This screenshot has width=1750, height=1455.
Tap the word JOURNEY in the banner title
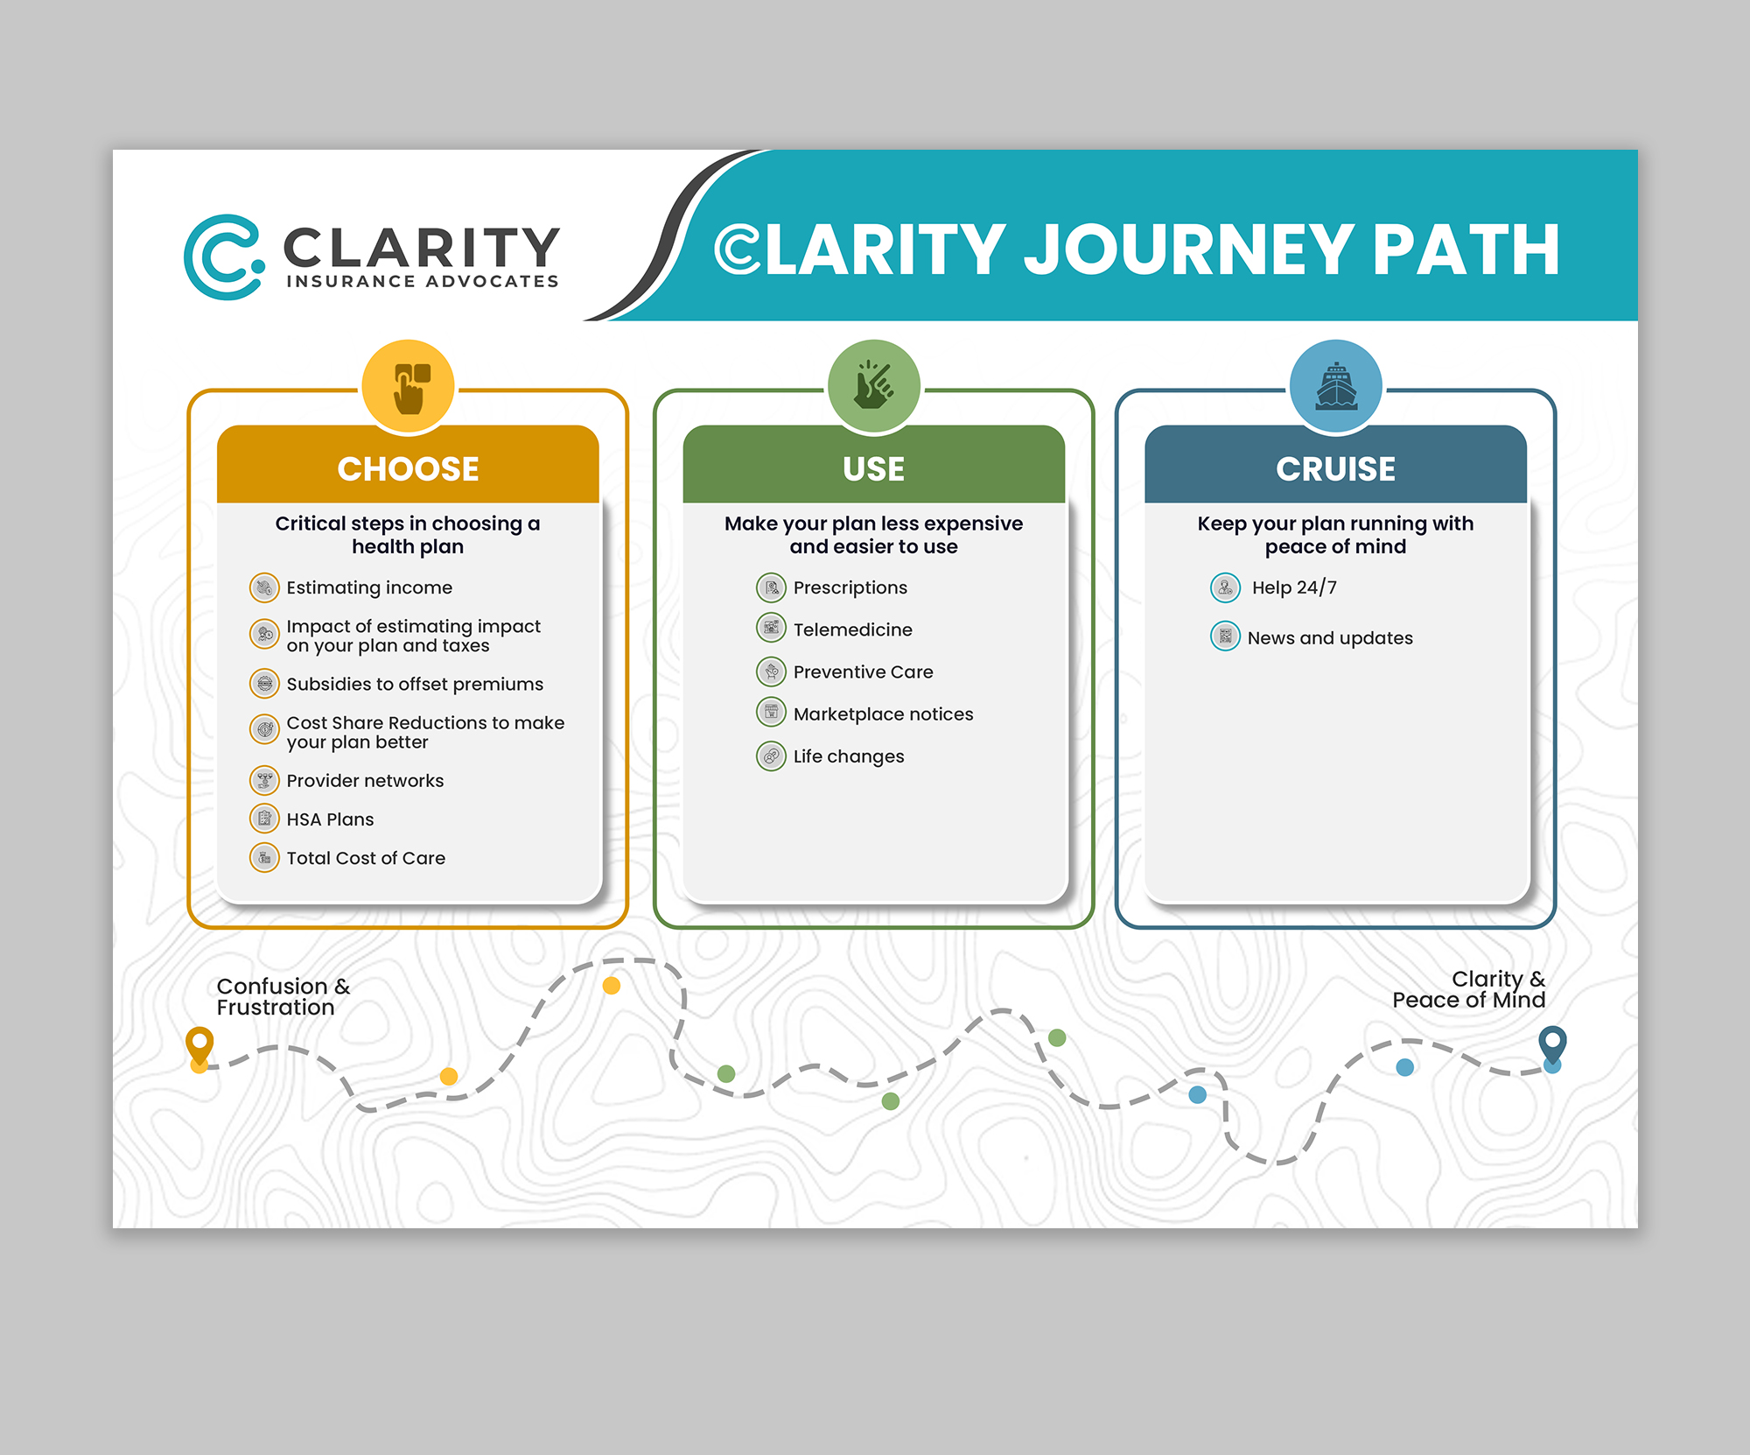point(1188,250)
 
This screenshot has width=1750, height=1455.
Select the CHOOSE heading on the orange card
point(408,469)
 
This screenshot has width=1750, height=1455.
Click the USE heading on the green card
point(873,469)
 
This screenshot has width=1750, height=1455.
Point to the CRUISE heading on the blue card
point(1335,469)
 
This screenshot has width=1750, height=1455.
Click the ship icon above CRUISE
point(1335,386)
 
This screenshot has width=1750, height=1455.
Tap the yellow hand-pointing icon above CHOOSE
point(409,386)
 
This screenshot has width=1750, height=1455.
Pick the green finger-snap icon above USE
point(873,386)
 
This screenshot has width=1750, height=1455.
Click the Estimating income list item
point(369,587)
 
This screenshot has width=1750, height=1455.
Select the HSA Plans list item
point(330,819)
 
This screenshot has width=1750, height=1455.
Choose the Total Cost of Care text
point(366,858)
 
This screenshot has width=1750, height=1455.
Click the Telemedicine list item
point(852,629)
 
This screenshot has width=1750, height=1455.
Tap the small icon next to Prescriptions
point(771,587)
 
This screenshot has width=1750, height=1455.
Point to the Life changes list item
point(848,756)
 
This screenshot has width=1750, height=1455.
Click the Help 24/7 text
point(1294,587)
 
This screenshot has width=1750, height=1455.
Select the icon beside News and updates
point(1225,636)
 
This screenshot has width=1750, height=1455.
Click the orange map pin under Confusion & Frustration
point(199,1045)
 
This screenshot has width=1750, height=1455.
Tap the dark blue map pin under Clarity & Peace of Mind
point(1552,1044)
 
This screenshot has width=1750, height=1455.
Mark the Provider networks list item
point(365,781)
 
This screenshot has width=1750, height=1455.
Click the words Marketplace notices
point(883,714)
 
